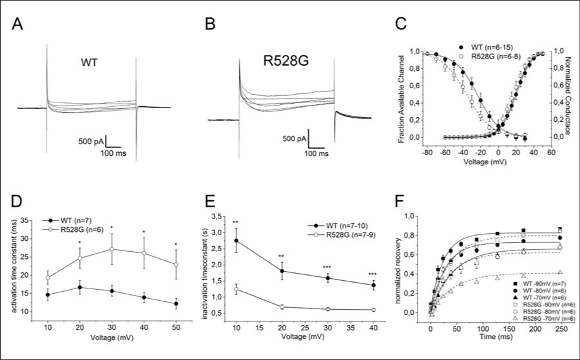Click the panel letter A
[x=20, y=27]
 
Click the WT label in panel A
[x=89, y=64]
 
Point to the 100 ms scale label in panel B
[x=317, y=154]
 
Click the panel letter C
[x=401, y=27]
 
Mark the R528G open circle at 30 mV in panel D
[x=112, y=249]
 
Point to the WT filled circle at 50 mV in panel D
[x=176, y=303]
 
